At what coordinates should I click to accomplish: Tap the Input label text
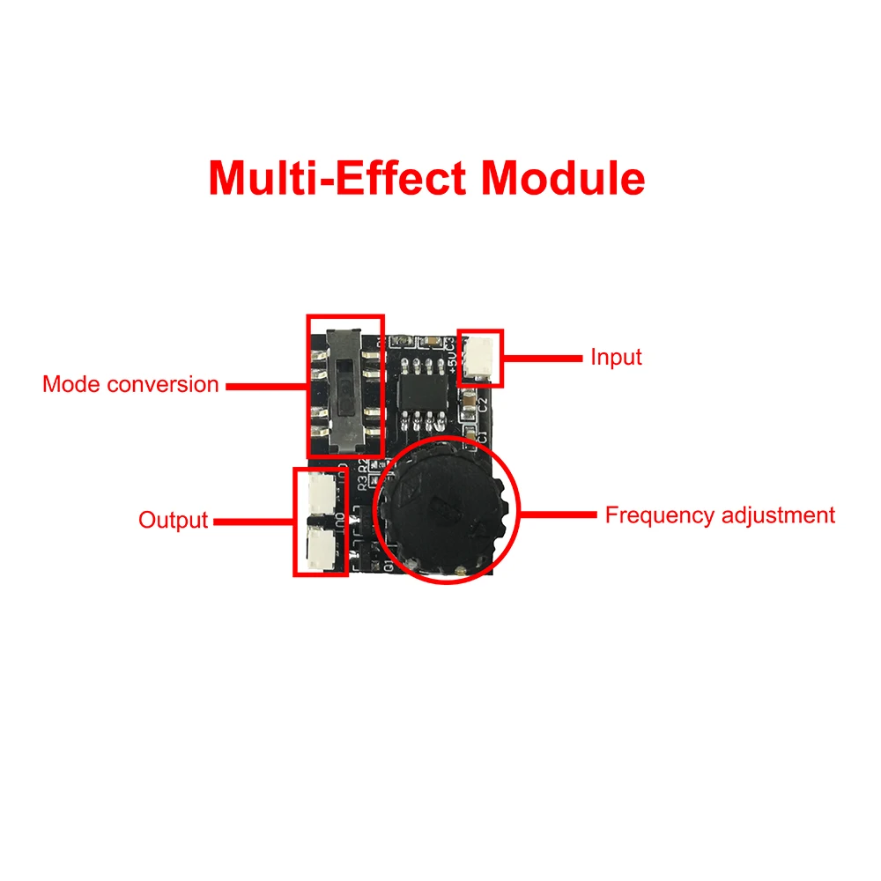616,358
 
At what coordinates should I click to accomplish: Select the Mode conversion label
130,385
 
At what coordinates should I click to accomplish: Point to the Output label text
173,520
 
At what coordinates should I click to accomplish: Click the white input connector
481,357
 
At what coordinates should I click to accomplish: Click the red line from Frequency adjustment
559,515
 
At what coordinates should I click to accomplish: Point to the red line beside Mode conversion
266,385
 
